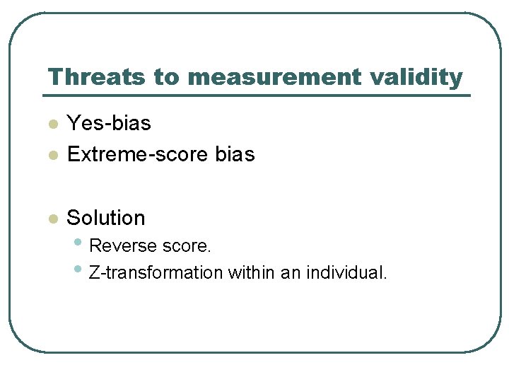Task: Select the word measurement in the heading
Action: [276, 76]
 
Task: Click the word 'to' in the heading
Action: [168, 76]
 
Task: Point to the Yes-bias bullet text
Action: [109, 123]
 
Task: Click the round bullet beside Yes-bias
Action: [52, 125]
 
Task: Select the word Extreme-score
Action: [137, 154]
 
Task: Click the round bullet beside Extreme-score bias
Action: [52, 156]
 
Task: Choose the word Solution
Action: [106, 218]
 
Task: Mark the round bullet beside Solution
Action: [52, 220]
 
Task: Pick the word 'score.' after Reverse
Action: [187, 246]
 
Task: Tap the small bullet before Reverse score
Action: [78, 244]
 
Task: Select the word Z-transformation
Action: [156, 272]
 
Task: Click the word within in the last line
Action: [251, 272]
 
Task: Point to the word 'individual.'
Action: [346, 272]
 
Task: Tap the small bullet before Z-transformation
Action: [78, 270]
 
